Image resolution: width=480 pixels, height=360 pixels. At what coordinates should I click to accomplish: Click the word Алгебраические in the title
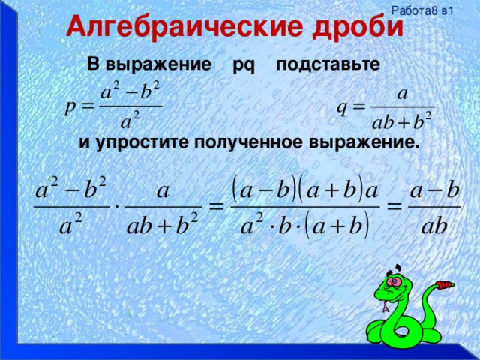tap(175, 27)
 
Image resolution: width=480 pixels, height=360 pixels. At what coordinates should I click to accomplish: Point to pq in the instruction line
tap(244, 66)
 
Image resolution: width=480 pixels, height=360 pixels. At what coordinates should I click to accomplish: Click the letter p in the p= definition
tap(71, 106)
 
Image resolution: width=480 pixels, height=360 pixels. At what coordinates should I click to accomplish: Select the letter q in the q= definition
tap(341, 106)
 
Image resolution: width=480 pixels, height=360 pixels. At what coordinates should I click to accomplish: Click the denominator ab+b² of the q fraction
tap(402, 121)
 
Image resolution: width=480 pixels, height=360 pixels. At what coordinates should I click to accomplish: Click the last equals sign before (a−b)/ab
tap(395, 205)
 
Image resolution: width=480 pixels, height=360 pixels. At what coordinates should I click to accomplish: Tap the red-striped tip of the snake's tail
tap(447, 285)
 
